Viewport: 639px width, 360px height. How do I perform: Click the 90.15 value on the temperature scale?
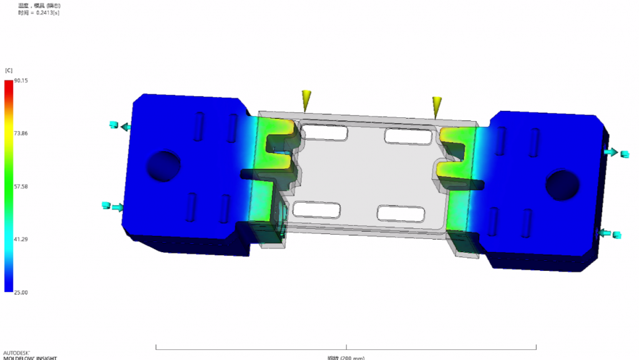[x=12, y=81]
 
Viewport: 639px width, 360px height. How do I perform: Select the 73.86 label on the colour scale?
[x=12, y=134]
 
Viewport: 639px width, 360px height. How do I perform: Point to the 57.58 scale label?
[x=12, y=187]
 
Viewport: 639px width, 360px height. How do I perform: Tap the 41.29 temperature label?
[x=12, y=240]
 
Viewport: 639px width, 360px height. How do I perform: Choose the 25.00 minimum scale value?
[x=12, y=292]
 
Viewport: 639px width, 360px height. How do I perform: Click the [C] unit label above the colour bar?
[x=9, y=71]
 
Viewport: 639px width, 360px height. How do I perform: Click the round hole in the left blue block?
[x=164, y=165]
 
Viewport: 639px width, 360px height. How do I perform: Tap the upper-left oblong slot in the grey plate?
[x=324, y=132]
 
